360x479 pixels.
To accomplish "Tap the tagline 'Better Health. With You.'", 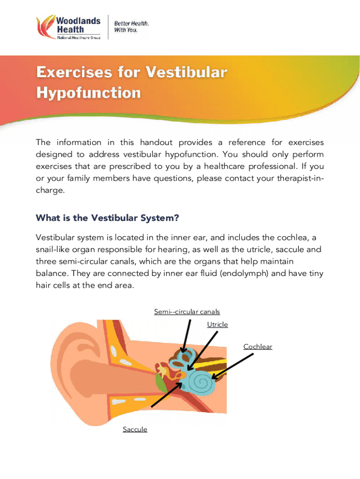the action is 131,27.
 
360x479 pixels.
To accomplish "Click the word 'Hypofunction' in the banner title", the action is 88,93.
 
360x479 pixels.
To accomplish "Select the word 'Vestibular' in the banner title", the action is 186,72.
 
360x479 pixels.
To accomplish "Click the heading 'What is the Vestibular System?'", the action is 107,218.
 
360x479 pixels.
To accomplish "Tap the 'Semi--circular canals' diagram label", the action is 187,312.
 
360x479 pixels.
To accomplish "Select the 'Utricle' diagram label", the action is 217,325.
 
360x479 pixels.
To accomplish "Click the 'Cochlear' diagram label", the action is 258,347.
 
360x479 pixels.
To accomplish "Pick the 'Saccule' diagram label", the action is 135,429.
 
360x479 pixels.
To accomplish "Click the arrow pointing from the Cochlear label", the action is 232,366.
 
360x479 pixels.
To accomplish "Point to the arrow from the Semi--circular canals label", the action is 186,336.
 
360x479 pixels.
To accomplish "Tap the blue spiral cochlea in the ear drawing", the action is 201,381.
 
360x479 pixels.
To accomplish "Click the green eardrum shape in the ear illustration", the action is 161,383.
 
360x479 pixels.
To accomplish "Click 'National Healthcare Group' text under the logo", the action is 79,37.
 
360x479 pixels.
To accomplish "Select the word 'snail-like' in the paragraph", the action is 52,250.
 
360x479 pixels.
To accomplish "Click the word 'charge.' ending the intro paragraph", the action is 50,191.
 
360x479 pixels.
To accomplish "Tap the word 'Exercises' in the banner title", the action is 74,72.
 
